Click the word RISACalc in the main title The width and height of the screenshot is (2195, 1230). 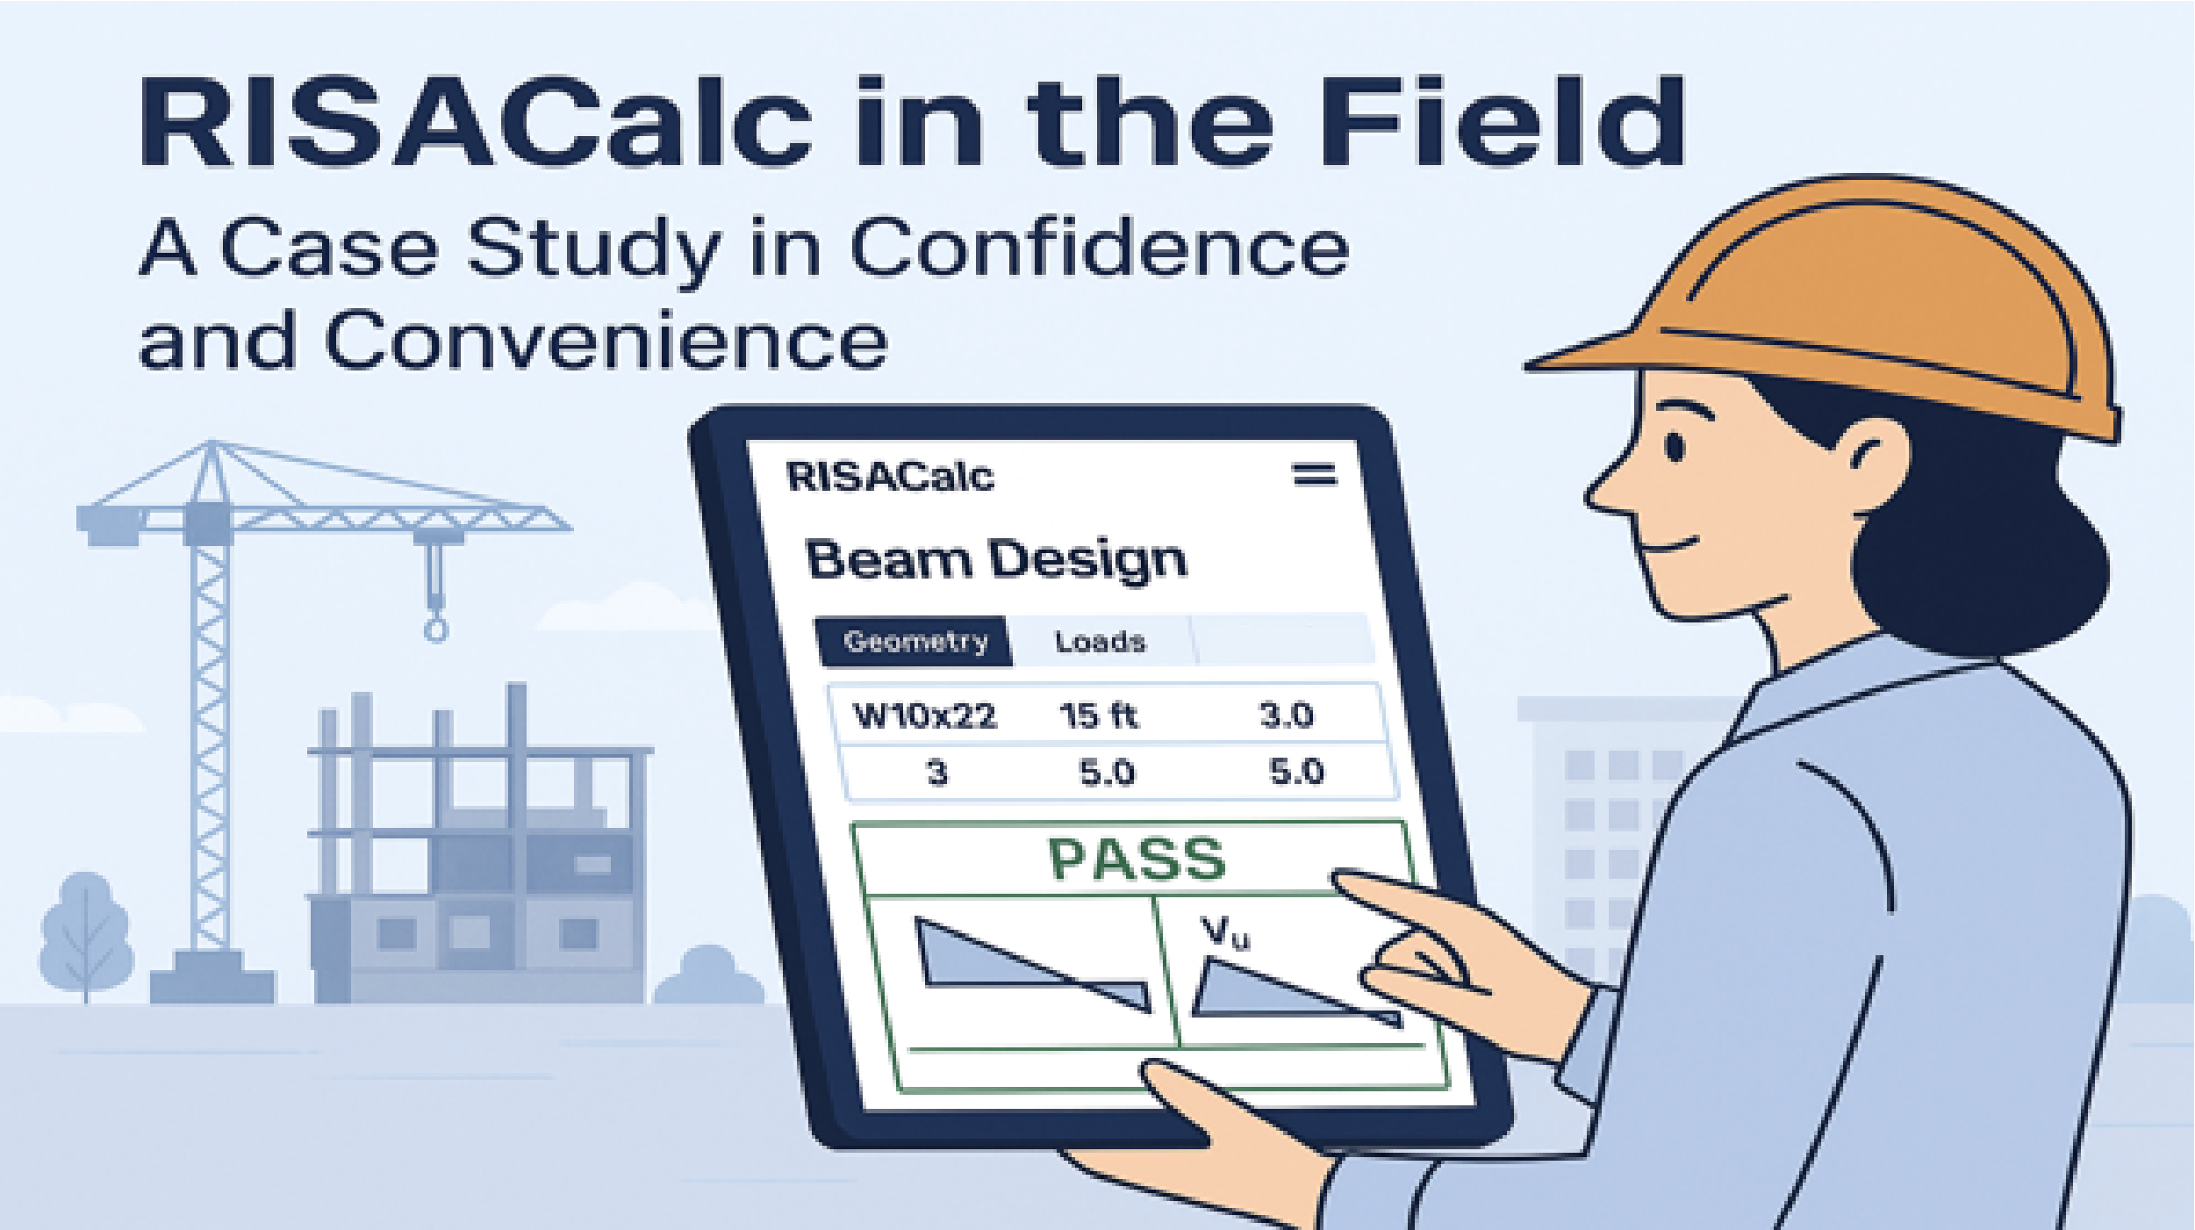(474, 123)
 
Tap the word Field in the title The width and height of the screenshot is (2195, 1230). (1501, 123)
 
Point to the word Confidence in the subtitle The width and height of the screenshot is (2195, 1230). (1099, 248)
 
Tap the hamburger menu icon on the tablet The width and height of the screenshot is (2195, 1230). (1314, 475)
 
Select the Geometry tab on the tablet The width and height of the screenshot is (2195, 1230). (915, 642)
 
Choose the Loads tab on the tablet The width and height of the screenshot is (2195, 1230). (1100, 642)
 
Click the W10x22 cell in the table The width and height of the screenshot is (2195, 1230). (925, 716)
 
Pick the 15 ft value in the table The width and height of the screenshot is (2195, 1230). (1098, 716)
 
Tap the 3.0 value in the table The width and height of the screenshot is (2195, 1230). (1287, 716)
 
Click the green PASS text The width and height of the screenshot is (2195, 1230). (1137, 859)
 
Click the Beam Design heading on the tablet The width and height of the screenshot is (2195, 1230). (995, 560)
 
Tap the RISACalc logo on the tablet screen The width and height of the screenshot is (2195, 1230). (890, 477)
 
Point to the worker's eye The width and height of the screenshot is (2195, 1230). (1675, 447)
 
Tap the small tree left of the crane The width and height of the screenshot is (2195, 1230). (85, 931)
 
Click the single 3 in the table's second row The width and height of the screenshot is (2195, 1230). (937, 773)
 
